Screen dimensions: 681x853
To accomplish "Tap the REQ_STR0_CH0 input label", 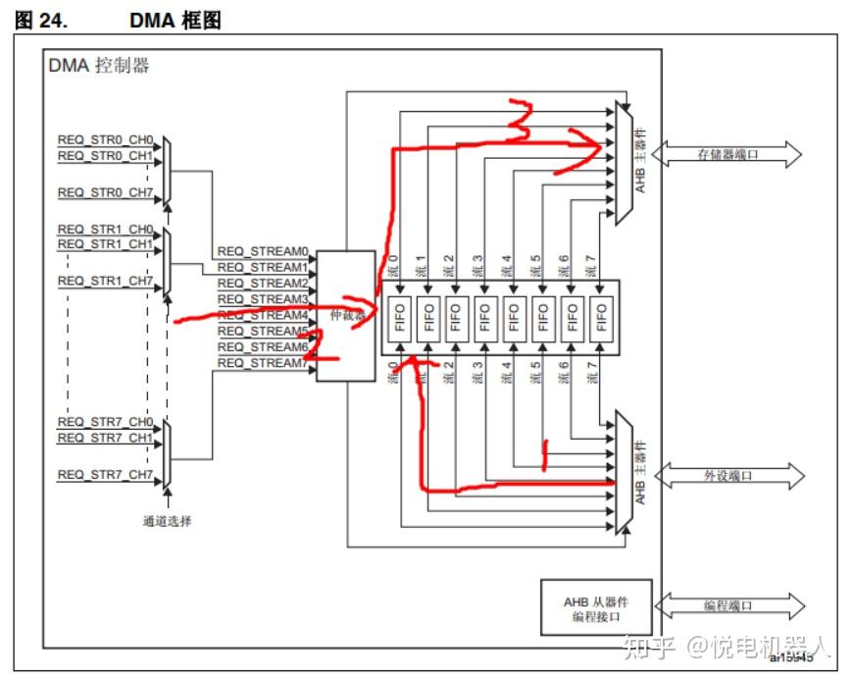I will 105,139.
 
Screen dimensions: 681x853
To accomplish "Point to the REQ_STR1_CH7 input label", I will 105,281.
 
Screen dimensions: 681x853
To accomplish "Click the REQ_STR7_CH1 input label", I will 105,438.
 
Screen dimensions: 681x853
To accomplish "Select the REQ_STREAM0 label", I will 262,251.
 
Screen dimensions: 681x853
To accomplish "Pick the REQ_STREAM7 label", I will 262,363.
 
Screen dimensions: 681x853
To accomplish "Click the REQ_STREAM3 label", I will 262,298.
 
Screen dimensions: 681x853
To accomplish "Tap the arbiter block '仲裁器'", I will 345,316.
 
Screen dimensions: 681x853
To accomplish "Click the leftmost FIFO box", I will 398,318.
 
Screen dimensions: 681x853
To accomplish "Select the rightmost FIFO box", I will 601,318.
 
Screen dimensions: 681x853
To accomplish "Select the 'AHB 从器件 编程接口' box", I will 596,607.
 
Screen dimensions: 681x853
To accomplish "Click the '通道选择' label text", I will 167,521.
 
